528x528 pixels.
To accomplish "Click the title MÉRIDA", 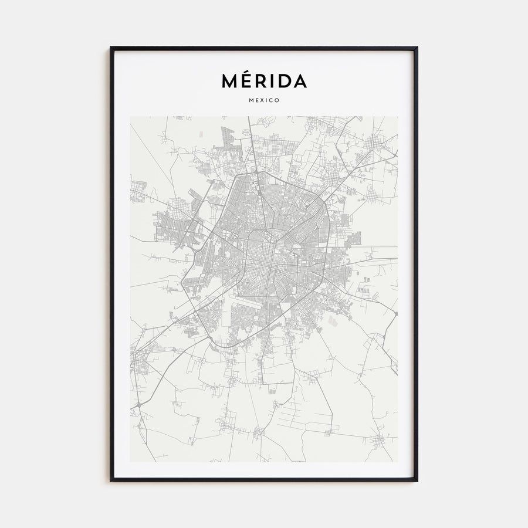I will point(264,80).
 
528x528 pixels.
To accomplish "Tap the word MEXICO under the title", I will point(264,100).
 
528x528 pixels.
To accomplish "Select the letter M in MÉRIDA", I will point(231,81).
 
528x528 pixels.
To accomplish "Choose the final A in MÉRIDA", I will point(299,81).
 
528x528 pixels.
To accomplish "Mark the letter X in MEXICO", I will point(262,100).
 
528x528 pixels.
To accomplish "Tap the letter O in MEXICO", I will point(277,100).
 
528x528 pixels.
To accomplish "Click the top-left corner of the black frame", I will point(111,48).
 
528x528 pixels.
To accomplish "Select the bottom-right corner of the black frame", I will point(417,480).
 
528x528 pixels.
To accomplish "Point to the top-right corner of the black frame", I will point(417,48).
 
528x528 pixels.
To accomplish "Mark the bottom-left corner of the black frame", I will point(111,480).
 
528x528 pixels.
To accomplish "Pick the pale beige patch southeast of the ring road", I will point(333,321).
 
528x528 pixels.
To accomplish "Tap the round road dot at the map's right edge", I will point(396,313).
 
